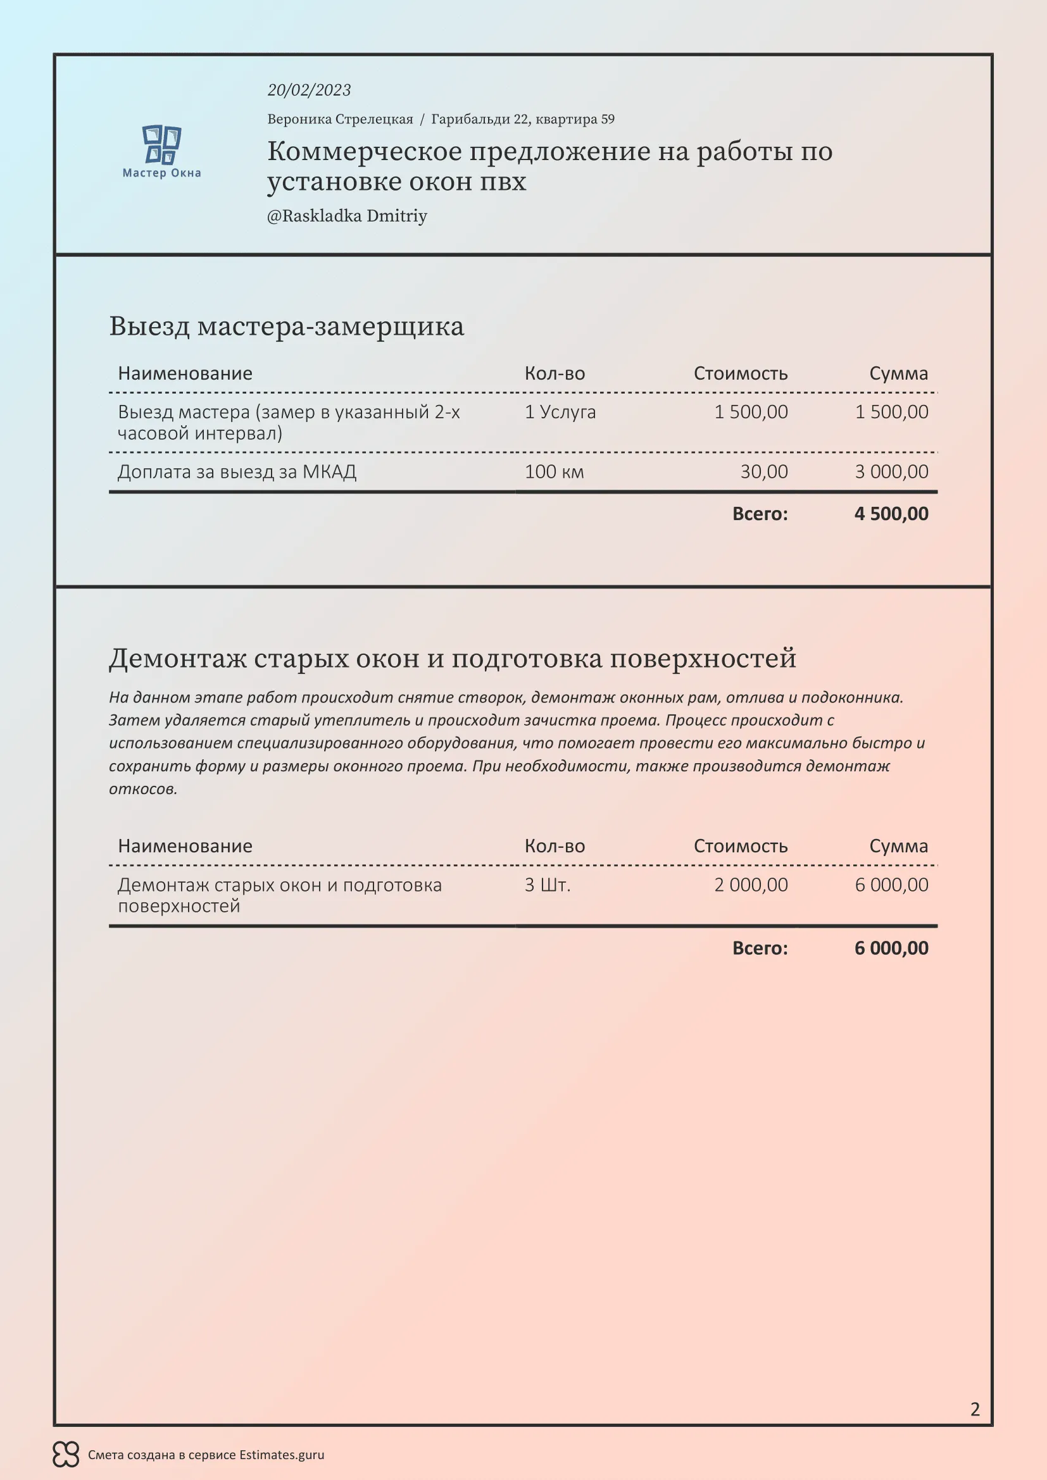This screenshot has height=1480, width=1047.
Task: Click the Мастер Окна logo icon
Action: point(161,144)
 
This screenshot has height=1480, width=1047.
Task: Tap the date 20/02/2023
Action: point(309,90)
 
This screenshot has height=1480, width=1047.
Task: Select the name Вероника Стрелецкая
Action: point(340,119)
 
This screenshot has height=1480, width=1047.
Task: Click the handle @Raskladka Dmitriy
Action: point(347,216)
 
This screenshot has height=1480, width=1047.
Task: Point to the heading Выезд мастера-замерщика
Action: point(286,326)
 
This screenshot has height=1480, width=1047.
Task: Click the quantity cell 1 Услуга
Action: point(560,412)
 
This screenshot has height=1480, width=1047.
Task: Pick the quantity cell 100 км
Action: point(554,472)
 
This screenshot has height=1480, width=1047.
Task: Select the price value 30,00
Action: point(763,472)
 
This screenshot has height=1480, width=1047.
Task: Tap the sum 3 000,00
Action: point(891,472)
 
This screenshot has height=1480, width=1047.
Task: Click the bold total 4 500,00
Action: point(891,514)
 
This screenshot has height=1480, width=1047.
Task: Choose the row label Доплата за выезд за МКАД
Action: point(237,472)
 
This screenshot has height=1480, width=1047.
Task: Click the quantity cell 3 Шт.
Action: point(548,885)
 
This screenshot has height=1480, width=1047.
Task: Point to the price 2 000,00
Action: point(751,885)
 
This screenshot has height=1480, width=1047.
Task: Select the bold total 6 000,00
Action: point(891,948)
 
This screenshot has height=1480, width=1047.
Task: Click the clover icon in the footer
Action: point(66,1454)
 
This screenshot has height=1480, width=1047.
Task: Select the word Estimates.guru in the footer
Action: point(282,1455)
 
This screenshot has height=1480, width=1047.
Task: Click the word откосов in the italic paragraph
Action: point(142,789)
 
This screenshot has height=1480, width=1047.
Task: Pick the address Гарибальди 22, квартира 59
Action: point(522,119)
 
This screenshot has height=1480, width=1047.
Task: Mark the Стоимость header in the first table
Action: point(740,374)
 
